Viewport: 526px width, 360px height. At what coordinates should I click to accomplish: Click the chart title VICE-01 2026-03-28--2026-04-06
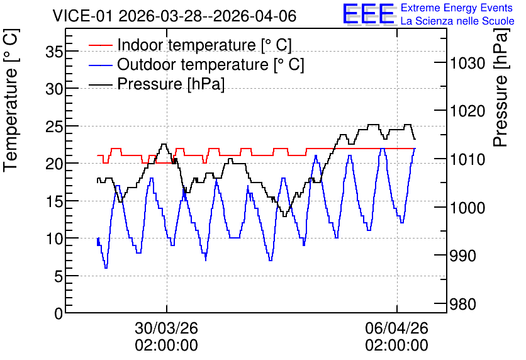[174, 16]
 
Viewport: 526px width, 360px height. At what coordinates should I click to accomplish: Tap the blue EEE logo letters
[368, 14]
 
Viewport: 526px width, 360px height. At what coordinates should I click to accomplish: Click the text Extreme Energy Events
[457, 8]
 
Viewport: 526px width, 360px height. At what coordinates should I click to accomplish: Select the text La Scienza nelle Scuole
[457, 21]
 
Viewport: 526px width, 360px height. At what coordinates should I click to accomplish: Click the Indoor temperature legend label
[204, 45]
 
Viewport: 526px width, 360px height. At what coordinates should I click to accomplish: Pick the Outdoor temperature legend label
[211, 64]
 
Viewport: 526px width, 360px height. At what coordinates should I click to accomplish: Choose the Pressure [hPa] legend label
[171, 84]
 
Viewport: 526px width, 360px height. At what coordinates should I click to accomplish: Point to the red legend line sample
[100, 45]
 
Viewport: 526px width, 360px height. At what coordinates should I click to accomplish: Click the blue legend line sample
[100, 64]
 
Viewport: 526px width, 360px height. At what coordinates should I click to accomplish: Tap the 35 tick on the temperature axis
[54, 52]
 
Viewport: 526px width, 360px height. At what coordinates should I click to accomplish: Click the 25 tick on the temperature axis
[54, 127]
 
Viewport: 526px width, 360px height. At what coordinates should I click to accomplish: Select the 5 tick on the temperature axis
[59, 276]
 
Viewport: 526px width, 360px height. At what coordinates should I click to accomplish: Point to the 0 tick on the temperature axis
[59, 313]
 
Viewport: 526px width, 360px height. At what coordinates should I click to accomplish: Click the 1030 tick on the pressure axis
[467, 63]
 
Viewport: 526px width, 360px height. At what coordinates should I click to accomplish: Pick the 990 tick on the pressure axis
[463, 256]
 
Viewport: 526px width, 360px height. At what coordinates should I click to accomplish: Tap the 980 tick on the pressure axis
[463, 305]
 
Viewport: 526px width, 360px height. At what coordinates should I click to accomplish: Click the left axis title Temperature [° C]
[11, 100]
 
